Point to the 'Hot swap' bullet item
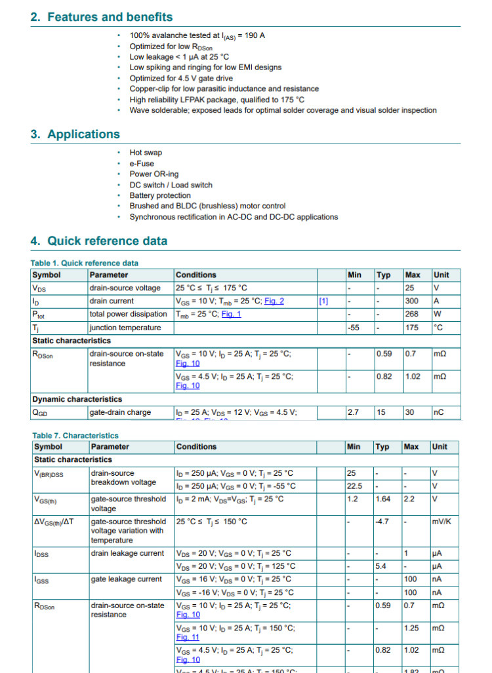(x=146, y=153)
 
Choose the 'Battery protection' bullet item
(x=160, y=195)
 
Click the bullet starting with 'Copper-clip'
(x=224, y=88)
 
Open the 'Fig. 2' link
(x=274, y=301)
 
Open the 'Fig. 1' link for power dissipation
(x=231, y=314)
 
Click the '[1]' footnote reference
(x=323, y=301)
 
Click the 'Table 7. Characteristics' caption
(x=75, y=435)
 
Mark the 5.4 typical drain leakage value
(x=380, y=566)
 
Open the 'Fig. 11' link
(x=188, y=637)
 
